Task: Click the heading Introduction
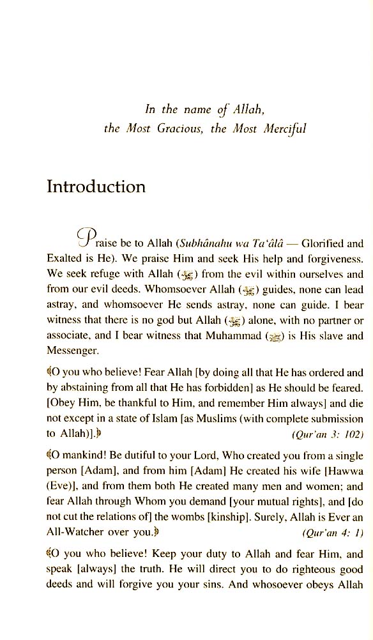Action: (x=96, y=187)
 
